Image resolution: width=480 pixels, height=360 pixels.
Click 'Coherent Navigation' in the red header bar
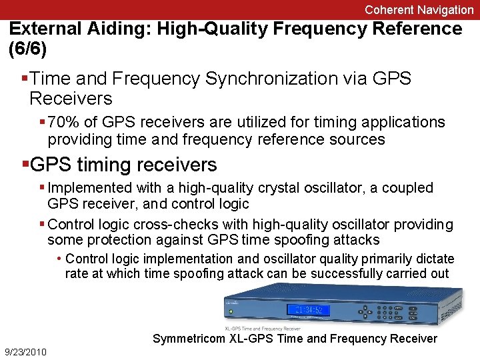tap(419, 9)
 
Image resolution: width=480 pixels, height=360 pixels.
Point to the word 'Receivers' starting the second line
tap(71, 99)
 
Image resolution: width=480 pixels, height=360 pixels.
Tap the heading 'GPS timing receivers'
tap(124, 165)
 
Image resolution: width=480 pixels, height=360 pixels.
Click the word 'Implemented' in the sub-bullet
tap(90, 188)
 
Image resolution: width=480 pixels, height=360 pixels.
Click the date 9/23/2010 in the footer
tap(25, 351)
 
